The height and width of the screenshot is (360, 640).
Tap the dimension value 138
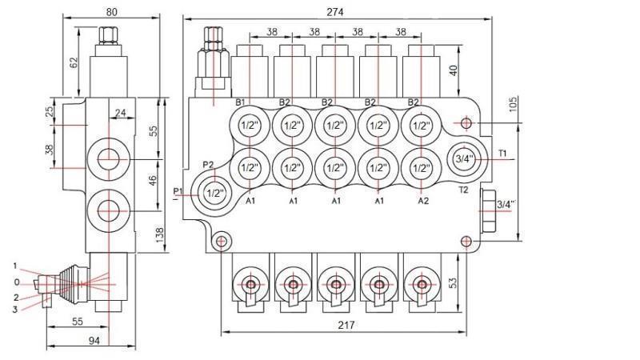click(159, 234)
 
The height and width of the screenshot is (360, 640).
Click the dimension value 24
click(119, 114)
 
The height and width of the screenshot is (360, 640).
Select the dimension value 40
click(453, 70)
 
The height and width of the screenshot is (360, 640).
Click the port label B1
click(240, 102)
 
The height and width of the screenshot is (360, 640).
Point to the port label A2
click(422, 202)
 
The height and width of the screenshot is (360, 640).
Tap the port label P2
click(208, 165)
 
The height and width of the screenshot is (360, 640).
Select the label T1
click(503, 153)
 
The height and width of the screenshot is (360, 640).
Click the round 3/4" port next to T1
click(464, 159)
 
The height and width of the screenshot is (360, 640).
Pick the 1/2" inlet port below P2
click(214, 193)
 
